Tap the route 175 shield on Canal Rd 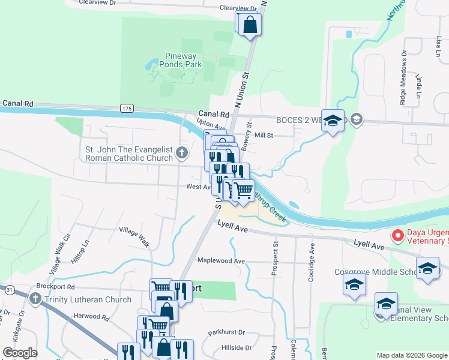(126, 107)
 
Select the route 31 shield (10, 290)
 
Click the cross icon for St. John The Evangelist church (183, 154)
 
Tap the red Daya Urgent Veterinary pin (397, 236)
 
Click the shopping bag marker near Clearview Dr (250, 25)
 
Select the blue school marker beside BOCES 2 (333, 121)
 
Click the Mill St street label (264, 136)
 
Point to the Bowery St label (248, 133)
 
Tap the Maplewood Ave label (221, 261)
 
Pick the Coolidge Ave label (312, 257)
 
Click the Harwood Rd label (92, 316)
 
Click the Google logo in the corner (20, 353)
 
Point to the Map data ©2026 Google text (412, 355)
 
